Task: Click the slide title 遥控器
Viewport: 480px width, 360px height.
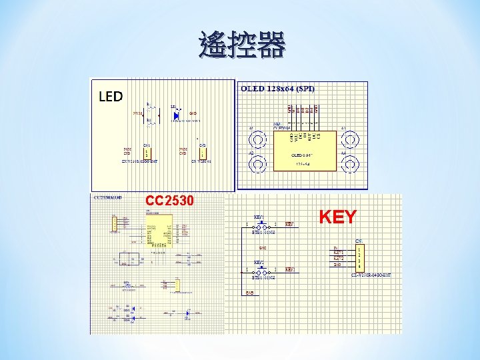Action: click(x=241, y=46)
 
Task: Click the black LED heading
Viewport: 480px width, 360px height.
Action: click(x=111, y=97)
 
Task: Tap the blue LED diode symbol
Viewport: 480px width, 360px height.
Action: click(x=176, y=115)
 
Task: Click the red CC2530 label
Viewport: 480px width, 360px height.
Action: click(x=169, y=201)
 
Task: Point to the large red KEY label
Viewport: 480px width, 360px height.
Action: click(x=337, y=217)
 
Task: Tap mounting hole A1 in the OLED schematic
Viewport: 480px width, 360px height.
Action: click(x=349, y=139)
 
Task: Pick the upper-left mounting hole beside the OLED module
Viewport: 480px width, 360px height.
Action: click(x=257, y=139)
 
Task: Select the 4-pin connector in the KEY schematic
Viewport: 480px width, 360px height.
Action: click(x=359, y=257)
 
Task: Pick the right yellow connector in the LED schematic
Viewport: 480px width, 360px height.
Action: click(x=201, y=153)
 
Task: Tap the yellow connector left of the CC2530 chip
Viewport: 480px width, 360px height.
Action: click(x=114, y=224)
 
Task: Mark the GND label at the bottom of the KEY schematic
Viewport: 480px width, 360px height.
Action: click(x=249, y=293)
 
